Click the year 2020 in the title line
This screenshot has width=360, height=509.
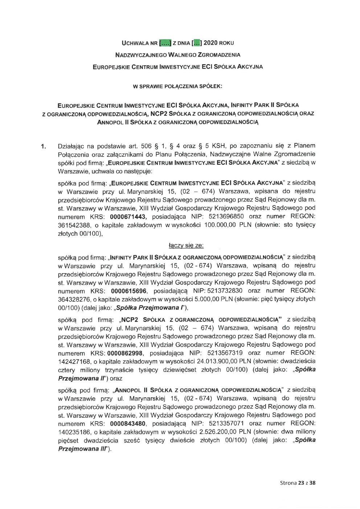click(x=210, y=43)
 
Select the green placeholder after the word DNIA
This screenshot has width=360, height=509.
click(x=196, y=43)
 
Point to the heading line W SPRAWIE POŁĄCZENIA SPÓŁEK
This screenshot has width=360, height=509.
click(x=178, y=87)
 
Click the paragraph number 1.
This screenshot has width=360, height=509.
click(x=43, y=147)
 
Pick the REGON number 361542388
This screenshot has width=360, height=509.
click(x=72, y=225)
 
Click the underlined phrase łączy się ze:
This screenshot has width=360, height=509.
click(x=186, y=246)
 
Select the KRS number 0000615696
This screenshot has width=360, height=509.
click(x=128, y=291)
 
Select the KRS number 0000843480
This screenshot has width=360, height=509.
click(x=128, y=423)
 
